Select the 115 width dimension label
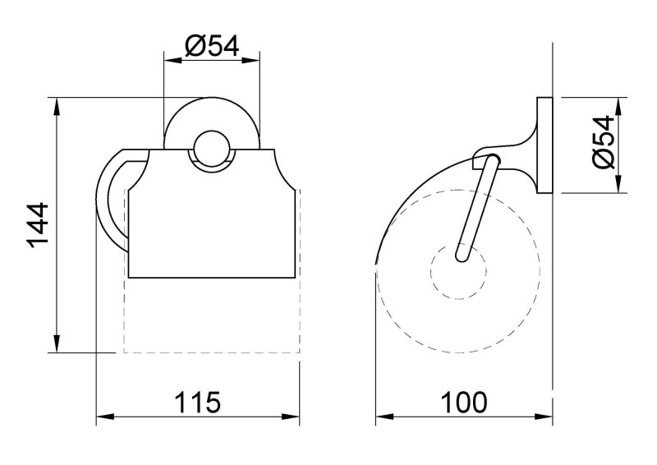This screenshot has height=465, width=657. pos(197,402)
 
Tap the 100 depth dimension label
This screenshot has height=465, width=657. pos(464,402)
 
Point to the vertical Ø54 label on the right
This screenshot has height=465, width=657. pos(603,142)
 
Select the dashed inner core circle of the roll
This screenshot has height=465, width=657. pos(458,271)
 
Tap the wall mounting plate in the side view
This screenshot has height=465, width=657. pos(544,145)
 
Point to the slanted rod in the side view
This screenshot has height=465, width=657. pos(477,208)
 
